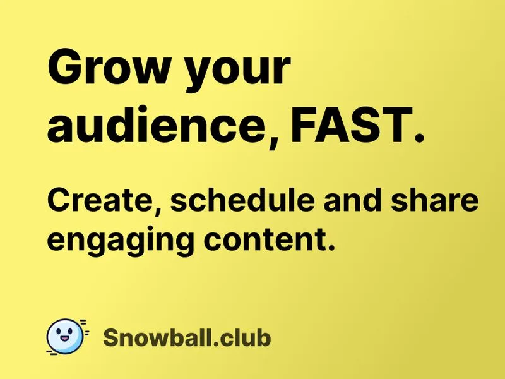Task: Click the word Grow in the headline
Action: click(109, 67)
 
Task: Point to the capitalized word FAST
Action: click(352, 124)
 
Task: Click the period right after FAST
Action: click(419, 137)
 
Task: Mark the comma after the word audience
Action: click(273, 141)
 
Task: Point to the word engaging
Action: click(121, 241)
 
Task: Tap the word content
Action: click(264, 239)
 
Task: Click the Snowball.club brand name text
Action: click(187, 338)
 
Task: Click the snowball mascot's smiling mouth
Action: click(65, 339)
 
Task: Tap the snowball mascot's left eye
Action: click(58, 332)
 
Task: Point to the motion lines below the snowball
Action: click(52, 352)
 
